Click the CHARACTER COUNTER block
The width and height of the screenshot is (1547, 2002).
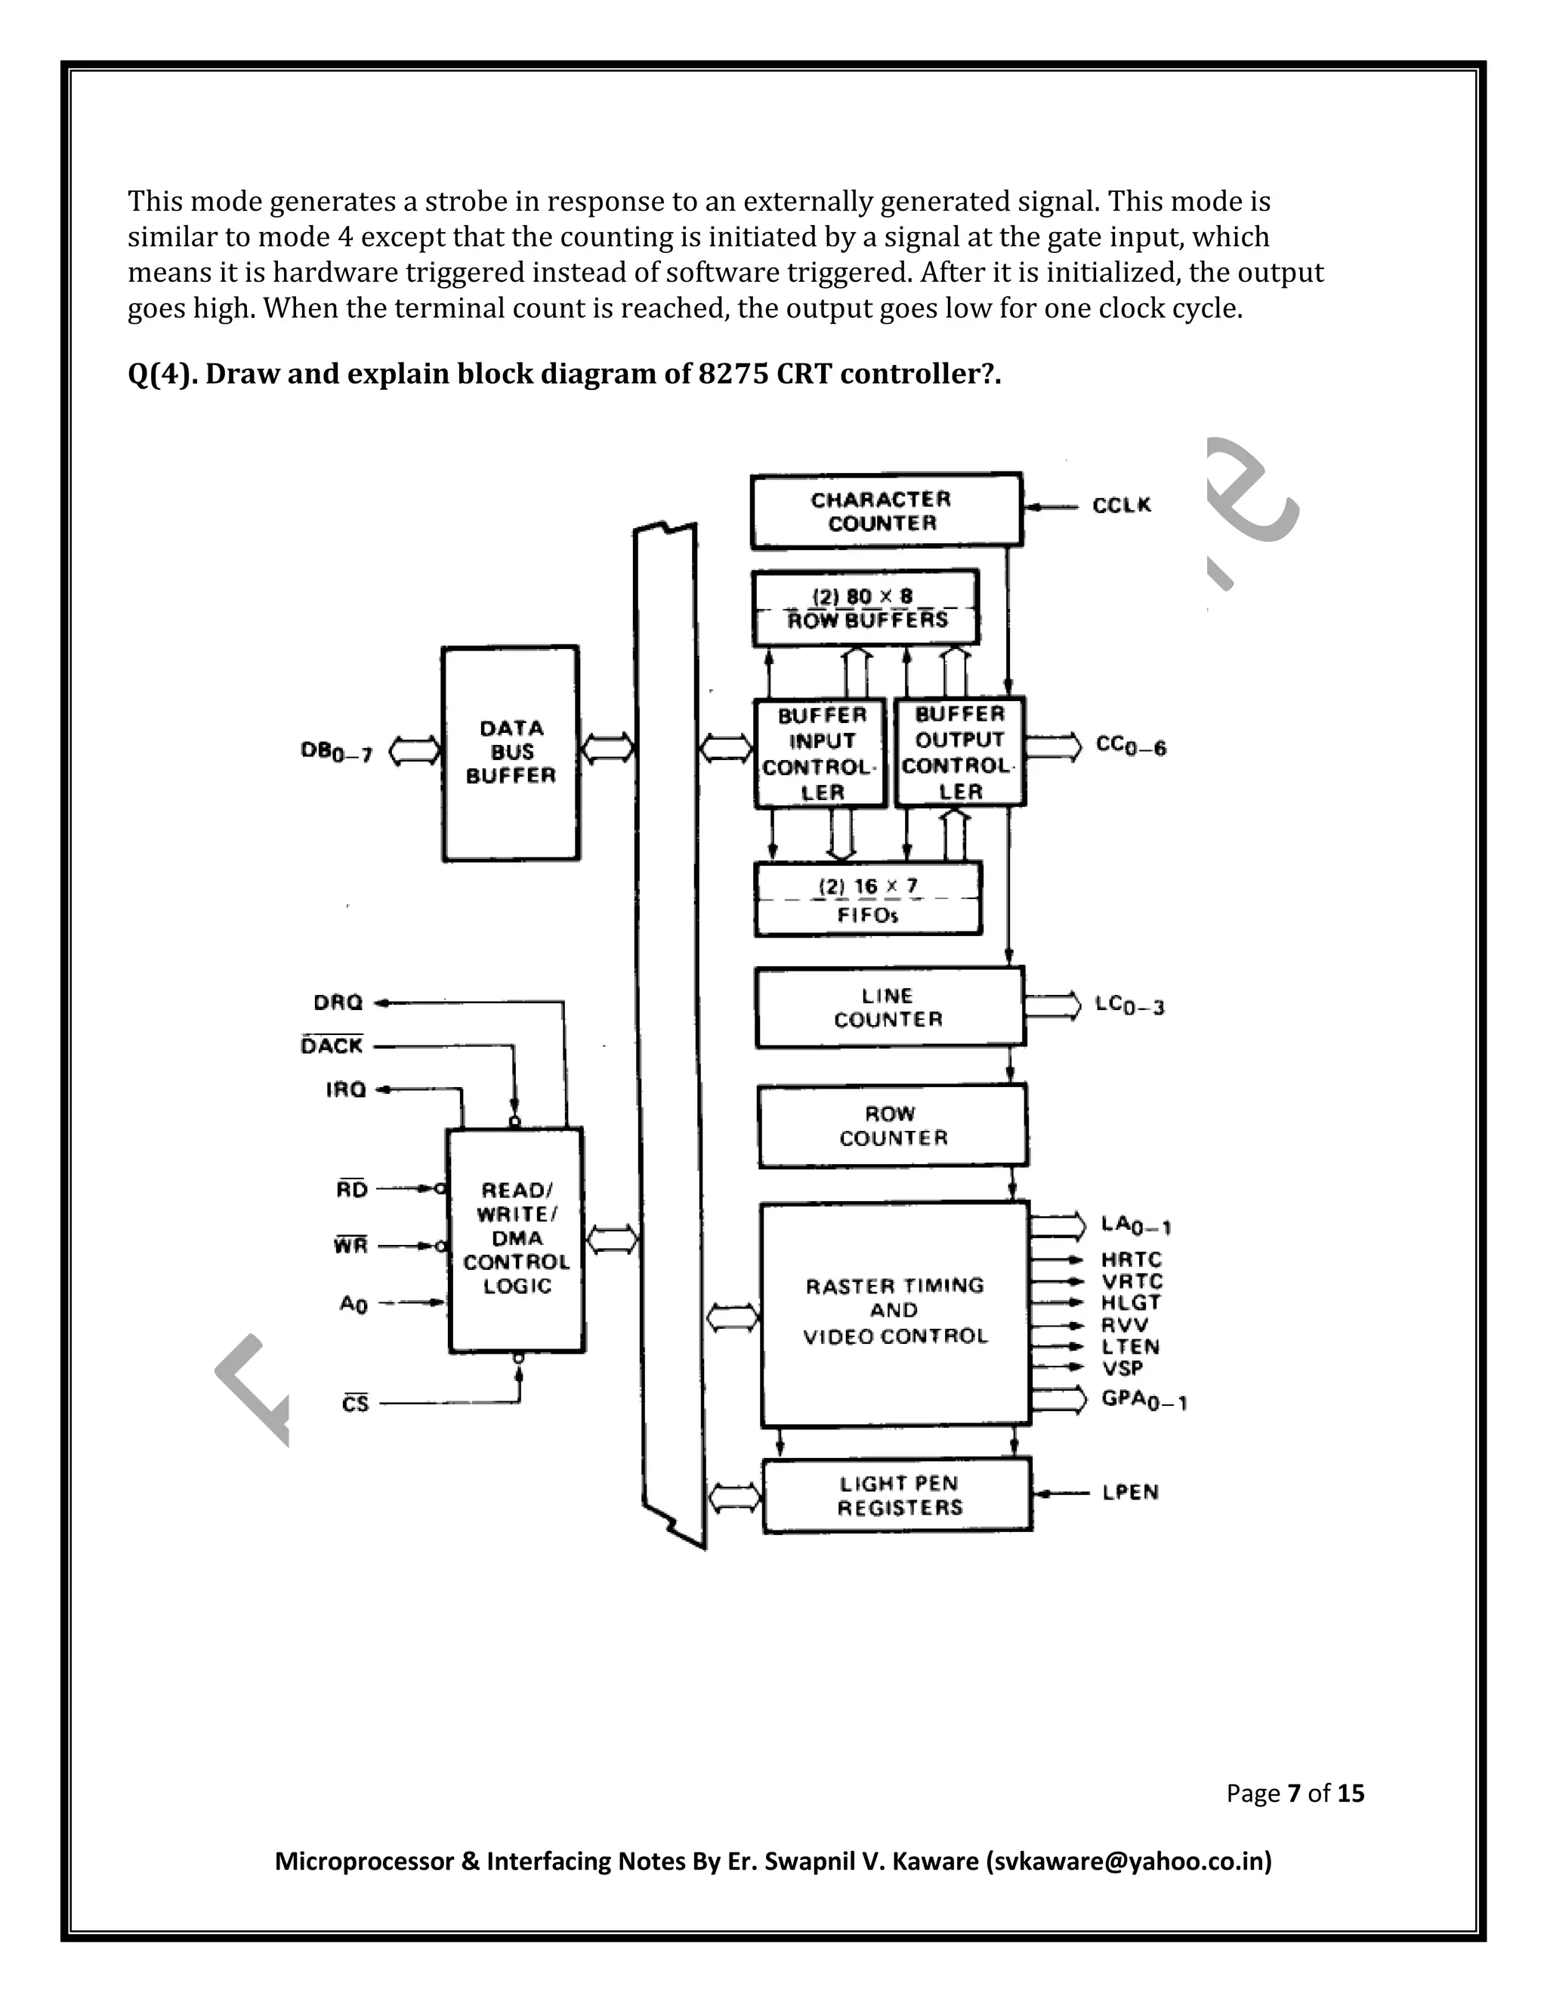[885, 511]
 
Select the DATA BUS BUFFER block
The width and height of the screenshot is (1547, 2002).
[511, 752]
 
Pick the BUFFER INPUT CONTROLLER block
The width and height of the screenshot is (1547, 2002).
[820, 753]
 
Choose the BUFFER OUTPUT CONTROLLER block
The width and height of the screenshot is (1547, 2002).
[959, 752]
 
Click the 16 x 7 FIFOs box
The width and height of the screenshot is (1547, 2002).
[868, 899]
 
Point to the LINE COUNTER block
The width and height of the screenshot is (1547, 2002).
[889, 1007]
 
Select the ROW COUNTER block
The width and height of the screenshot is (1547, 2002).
[893, 1126]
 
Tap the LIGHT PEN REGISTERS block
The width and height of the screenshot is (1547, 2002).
[898, 1495]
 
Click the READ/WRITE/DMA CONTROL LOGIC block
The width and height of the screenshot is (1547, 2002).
[516, 1238]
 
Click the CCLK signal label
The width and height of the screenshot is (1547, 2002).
[1121, 506]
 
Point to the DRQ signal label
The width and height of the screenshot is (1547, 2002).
[338, 1003]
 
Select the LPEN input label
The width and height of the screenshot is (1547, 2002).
[1130, 1492]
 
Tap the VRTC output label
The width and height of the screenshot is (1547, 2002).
[1131, 1281]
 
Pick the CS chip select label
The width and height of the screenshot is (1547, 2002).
[356, 1404]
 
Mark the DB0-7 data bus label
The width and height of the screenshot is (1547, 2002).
[336, 752]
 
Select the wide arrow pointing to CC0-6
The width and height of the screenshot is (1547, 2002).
[1053, 747]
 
